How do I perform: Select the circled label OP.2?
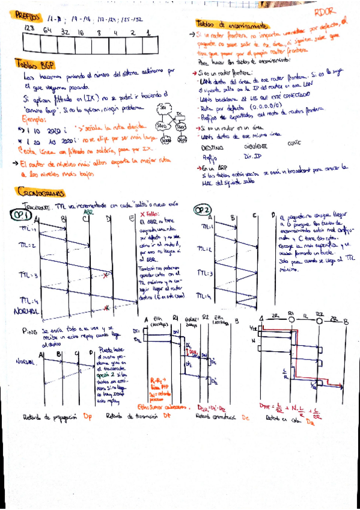click(x=204, y=210)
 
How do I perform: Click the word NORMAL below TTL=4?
click(x=28, y=312)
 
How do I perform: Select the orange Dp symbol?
click(x=88, y=416)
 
